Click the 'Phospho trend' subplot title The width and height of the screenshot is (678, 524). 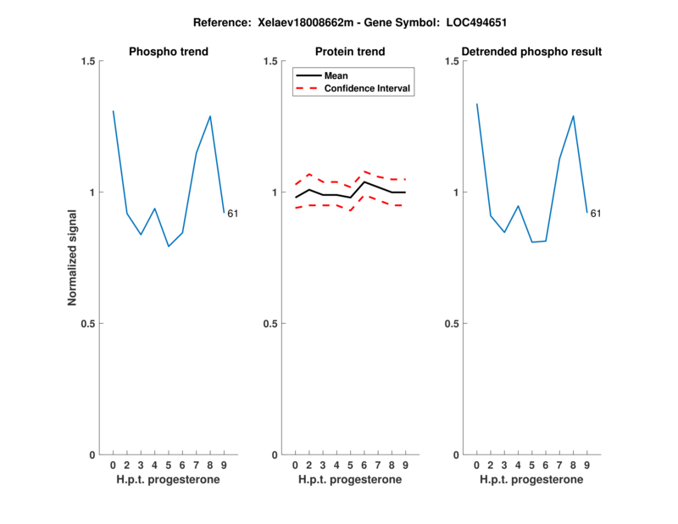tap(169, 52)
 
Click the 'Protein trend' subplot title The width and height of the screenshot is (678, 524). tap(351, 52)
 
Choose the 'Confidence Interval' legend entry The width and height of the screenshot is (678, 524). tap(368, 88)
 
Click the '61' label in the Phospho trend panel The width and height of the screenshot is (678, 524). tap(232, 214)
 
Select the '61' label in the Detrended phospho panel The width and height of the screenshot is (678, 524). tap(596, 214)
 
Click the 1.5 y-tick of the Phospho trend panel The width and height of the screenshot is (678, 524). tap(88, 61)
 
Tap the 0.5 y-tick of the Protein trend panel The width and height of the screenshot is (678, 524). tap(270, 324)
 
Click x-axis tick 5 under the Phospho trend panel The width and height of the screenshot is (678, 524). tap(169, 465)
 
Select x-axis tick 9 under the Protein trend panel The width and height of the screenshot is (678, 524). tap(406, 465)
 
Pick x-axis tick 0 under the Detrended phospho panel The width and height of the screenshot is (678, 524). tap(477, 465)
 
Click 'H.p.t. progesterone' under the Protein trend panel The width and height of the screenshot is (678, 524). tap(351, 480)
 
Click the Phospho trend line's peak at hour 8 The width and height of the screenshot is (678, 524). tap(210, 116)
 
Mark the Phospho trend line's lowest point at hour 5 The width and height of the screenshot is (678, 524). tap(169, 246)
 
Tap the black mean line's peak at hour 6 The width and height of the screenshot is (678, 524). tap(364, 182)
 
